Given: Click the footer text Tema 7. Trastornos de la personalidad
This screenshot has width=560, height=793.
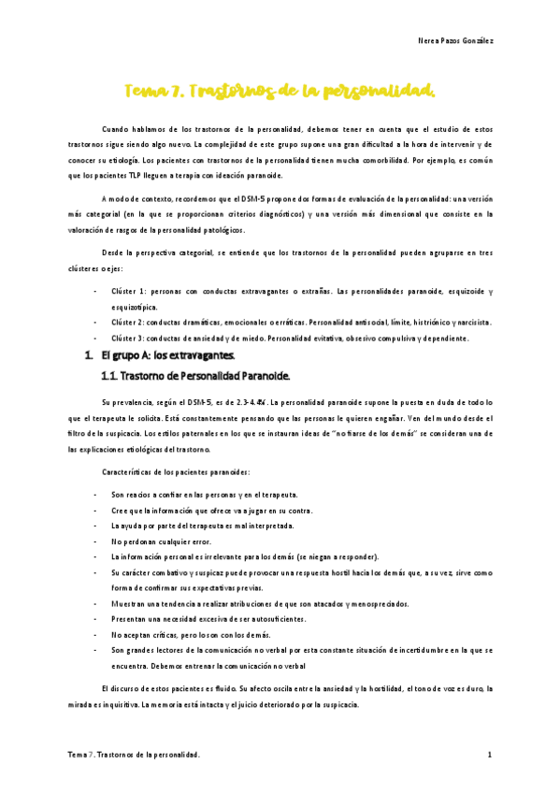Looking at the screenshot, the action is pyautogui.click(x=136, y=753).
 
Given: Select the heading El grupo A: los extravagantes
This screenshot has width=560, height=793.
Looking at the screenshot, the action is pyautogui.click(x=167, y=355).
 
